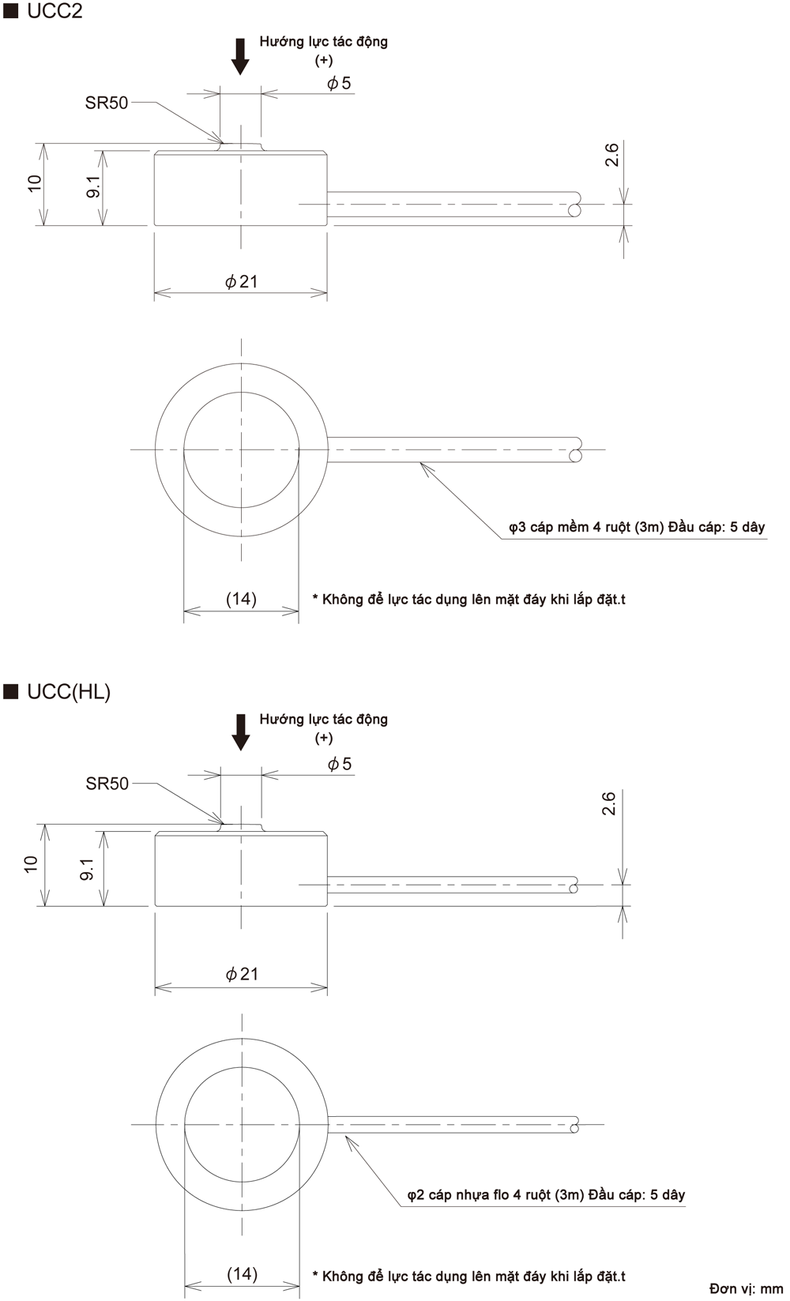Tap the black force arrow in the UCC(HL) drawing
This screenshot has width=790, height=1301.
tap(240, 733)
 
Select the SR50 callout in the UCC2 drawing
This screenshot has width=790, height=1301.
tap(107, 103)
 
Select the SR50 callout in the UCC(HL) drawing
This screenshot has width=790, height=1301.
tap(107, 784)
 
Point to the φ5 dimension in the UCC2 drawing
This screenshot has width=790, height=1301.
tap(339, 83)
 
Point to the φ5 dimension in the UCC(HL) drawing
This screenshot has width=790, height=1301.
tap(340, 764)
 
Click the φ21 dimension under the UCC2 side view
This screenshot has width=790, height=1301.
tap(241, 282)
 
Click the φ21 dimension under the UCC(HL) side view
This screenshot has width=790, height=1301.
tap(242, 974)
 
